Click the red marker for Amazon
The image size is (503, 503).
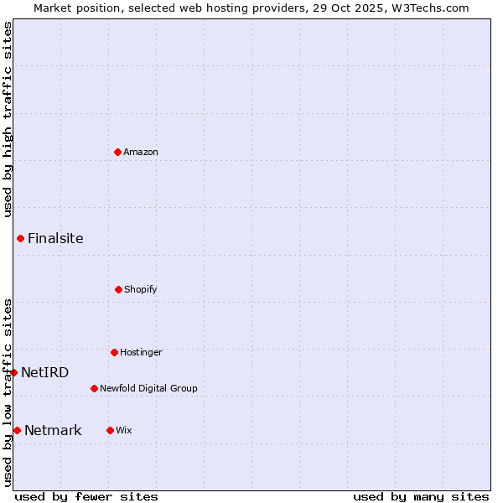coord(117,152)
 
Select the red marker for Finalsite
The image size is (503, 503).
coord(20,238)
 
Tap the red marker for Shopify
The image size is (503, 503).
coord(118,289)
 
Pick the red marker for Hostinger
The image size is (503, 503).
coord(114,352)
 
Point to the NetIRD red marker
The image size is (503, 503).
coord(13,372)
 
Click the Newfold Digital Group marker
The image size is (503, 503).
coord(94,388)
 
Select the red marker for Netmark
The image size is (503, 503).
coord(17,430)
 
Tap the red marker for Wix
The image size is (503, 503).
coord(110,430)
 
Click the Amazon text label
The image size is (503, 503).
coord(141,152)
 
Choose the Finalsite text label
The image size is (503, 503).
coord(55,238)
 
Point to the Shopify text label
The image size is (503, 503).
coord(141,289)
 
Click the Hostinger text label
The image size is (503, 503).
coord(141,352)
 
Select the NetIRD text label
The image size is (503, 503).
coord(45,372)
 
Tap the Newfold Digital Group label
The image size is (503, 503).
coord(148,388)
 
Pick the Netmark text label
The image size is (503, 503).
coord(53,430)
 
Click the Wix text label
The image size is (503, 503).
coord(124,430)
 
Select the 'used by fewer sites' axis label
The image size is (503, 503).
coord(86,496)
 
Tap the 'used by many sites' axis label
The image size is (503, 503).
coord(421,496)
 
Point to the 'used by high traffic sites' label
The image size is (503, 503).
coord(8,119)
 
